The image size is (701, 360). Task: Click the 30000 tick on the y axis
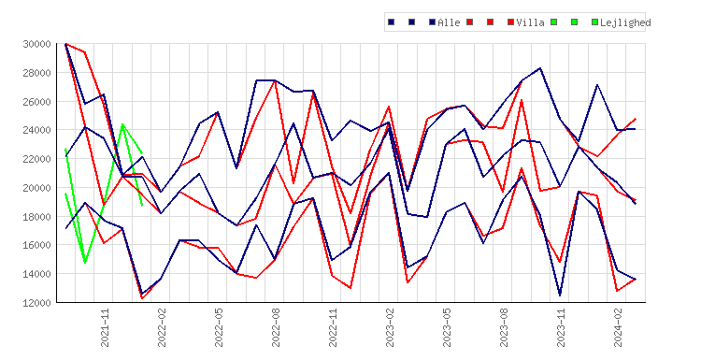coord(36,44)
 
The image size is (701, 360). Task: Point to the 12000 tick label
coord(36,303)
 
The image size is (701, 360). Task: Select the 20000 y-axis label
coord(36,188)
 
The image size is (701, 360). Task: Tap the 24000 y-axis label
coord(36,130)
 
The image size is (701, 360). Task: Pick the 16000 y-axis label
coord(36,245)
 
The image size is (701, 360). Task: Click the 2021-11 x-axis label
coord(105,327)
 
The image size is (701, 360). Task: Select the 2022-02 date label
coord(162,327)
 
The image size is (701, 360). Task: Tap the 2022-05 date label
coord(219,327)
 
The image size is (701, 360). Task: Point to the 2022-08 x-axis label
coord(276,327)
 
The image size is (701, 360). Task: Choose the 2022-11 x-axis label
coord(333,327)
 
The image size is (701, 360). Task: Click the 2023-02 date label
coord(390,327)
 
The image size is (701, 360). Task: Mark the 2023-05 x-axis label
coord(447,327)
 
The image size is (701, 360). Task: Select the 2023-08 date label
coord(504,327)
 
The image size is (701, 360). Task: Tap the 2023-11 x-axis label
coord(561,327)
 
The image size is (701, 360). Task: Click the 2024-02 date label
coord(618,327)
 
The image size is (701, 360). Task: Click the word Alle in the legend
coord(449,22)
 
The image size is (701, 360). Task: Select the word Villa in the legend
coord(530,22)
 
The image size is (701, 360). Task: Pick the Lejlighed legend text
coord(625,22)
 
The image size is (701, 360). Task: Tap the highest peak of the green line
coord(122,124)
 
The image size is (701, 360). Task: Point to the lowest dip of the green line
coord(85,263)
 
